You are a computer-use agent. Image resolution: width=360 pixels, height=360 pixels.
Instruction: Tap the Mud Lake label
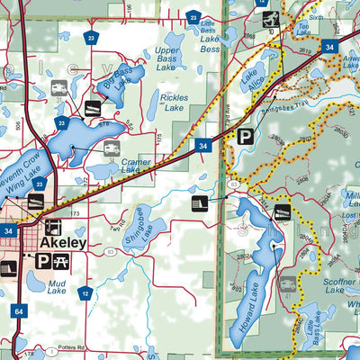pos(57,286)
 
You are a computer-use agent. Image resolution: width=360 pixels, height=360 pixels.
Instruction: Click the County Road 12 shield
pos(85,292)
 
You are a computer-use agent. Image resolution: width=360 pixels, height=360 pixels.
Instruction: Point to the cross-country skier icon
pos(268,19)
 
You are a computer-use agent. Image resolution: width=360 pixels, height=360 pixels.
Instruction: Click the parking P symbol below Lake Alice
pos(244,137)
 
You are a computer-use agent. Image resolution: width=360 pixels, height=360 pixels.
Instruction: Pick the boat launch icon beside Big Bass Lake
pos(92,108)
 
